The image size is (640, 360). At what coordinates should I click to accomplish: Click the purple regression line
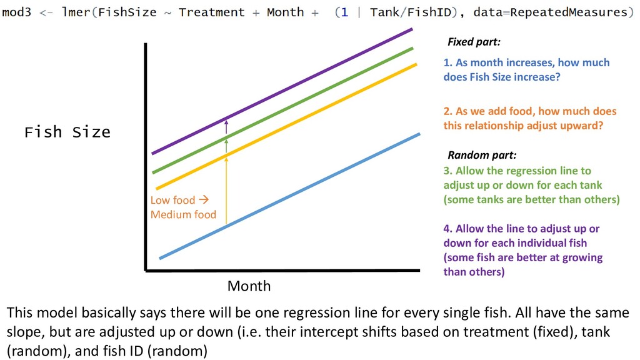coord(282,91)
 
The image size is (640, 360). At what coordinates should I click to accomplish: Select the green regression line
coord(283,110)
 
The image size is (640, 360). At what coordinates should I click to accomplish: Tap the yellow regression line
coord(286,126)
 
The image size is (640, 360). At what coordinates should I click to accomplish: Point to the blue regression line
coord(290,196)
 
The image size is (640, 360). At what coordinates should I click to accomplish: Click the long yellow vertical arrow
coord(226,191)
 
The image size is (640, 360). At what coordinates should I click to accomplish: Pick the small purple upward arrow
coord(226,126)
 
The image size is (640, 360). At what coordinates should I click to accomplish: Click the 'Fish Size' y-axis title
coord(67,132)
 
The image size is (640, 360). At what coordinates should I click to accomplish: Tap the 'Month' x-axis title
coord(249,286)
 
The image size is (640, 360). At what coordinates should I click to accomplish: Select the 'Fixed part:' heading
coord(474,42)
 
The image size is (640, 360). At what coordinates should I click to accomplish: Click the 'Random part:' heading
coord(482,155)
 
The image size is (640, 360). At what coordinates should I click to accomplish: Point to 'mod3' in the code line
coord(16,12)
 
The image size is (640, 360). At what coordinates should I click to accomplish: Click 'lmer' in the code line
coord(76,12)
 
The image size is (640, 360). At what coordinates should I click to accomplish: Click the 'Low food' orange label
coord(172,200)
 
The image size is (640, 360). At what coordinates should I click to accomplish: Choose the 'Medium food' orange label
coord(183,215)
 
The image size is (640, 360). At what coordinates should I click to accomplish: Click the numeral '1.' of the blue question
coord(447,62)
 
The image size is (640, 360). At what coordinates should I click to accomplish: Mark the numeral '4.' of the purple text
coord(447,229)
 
